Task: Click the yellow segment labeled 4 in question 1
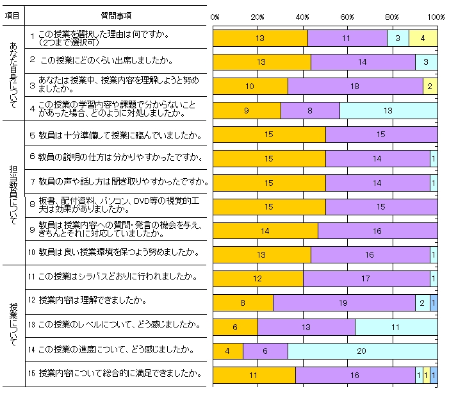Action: (x=423, y=38)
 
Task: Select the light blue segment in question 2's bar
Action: (x=426, y=62)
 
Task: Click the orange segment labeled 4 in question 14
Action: (x=227, y=351)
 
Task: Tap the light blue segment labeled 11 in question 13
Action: (x=396, y=327)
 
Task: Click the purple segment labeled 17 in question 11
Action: (x=366, y=279)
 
